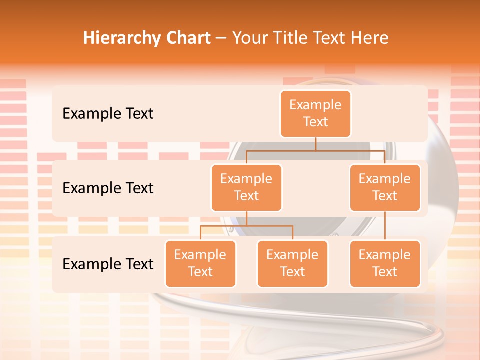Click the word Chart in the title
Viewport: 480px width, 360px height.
click(187, 38)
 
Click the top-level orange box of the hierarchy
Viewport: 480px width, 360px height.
click(315, 114)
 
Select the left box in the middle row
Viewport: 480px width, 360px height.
click(246, 188)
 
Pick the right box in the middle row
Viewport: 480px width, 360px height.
click(385, 188)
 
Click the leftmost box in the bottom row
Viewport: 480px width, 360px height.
click(200, 264)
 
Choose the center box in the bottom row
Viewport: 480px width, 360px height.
click(292, 264)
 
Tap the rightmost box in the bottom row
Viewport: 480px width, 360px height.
click(385, 264)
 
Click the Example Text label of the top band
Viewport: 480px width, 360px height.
click(108, 114)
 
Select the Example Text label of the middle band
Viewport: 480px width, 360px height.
click(108, 188)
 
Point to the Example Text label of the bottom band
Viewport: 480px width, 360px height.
click(108, 264)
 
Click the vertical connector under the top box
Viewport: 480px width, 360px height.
click(315, 144)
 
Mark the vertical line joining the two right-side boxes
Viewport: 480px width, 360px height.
click(385, 226)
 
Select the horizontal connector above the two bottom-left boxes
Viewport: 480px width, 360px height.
click(246, 226)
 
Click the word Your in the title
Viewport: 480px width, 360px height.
click(249, 38)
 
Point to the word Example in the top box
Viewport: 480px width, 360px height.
click(315, 105)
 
